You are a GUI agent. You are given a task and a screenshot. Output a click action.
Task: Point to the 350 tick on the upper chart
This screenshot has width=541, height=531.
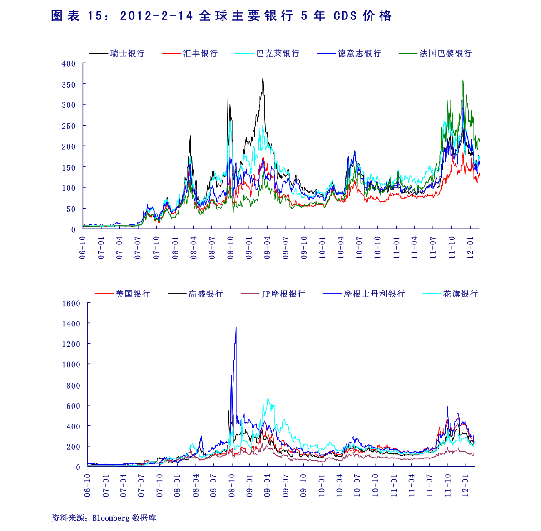coord(69,85)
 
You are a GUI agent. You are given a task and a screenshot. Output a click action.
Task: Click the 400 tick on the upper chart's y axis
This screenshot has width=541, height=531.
coord(69,64)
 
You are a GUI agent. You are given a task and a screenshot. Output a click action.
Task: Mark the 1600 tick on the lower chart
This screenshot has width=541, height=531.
coord(71,303)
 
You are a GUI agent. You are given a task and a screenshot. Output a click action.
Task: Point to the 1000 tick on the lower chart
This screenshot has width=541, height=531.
coord(71,365)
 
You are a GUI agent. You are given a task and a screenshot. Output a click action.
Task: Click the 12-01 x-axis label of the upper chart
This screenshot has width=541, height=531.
coord(471,248)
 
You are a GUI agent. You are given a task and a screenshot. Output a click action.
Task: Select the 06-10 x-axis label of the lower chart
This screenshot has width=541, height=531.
coord(88,486)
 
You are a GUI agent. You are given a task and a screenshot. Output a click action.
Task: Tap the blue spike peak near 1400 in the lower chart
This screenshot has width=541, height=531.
coord(236,327)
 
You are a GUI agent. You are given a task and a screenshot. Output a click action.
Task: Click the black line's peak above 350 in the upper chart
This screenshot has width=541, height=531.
coord(263,79)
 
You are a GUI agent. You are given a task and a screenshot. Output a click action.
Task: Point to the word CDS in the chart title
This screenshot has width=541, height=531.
coord(345,16)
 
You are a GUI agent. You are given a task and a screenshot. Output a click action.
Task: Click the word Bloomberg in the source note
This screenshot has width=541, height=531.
coord(111,518)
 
